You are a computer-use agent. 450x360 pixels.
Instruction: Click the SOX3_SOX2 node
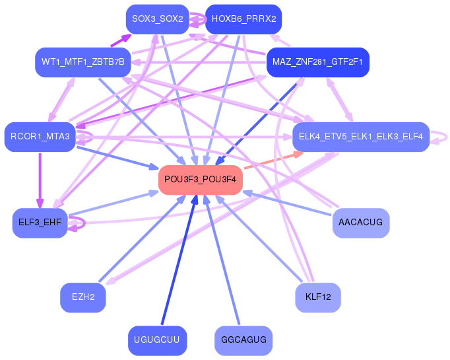point(157,19)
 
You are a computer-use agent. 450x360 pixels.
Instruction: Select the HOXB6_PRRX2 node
point(243,19)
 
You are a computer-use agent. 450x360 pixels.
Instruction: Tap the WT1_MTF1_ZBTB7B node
point(82,62)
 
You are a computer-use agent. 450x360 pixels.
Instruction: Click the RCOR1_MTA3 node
point(40,137)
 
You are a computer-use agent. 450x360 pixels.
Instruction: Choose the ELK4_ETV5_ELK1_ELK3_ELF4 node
point(361,137)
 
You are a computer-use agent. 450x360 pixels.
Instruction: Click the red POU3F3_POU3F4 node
point(201,180)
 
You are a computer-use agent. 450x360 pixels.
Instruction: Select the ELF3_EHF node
point(40,223)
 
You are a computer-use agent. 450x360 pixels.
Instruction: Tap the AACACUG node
point(360,223)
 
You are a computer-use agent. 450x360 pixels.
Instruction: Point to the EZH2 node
point(83,297)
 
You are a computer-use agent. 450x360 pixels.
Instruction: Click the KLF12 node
point(317,297)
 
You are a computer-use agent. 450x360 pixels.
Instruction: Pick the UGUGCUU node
point(157,340)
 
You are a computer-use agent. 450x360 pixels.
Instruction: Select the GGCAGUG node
point(243,340)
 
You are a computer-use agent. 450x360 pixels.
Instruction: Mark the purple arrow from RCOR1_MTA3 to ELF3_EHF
point(40,178)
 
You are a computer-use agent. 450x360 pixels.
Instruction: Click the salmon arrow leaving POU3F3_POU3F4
point(271,161)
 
